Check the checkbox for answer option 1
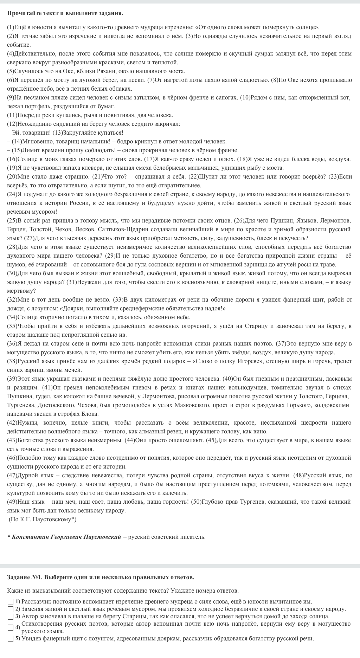pyautogui.click(x=11, y=602)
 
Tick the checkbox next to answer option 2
pyautogui.click(x=11, y=609)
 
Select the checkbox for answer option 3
pyautogui.click(x=11, y=617)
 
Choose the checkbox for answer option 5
pyautogui.click(x=11, y=639)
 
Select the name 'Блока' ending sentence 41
pyautogui.click(x=91, y=414)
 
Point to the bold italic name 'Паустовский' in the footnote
pyautogui.click(x=102, y=537)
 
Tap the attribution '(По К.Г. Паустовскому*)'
pyautogui.click(x=42, y=519)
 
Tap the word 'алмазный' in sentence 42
pyautogui.click(x=143, y=431)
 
